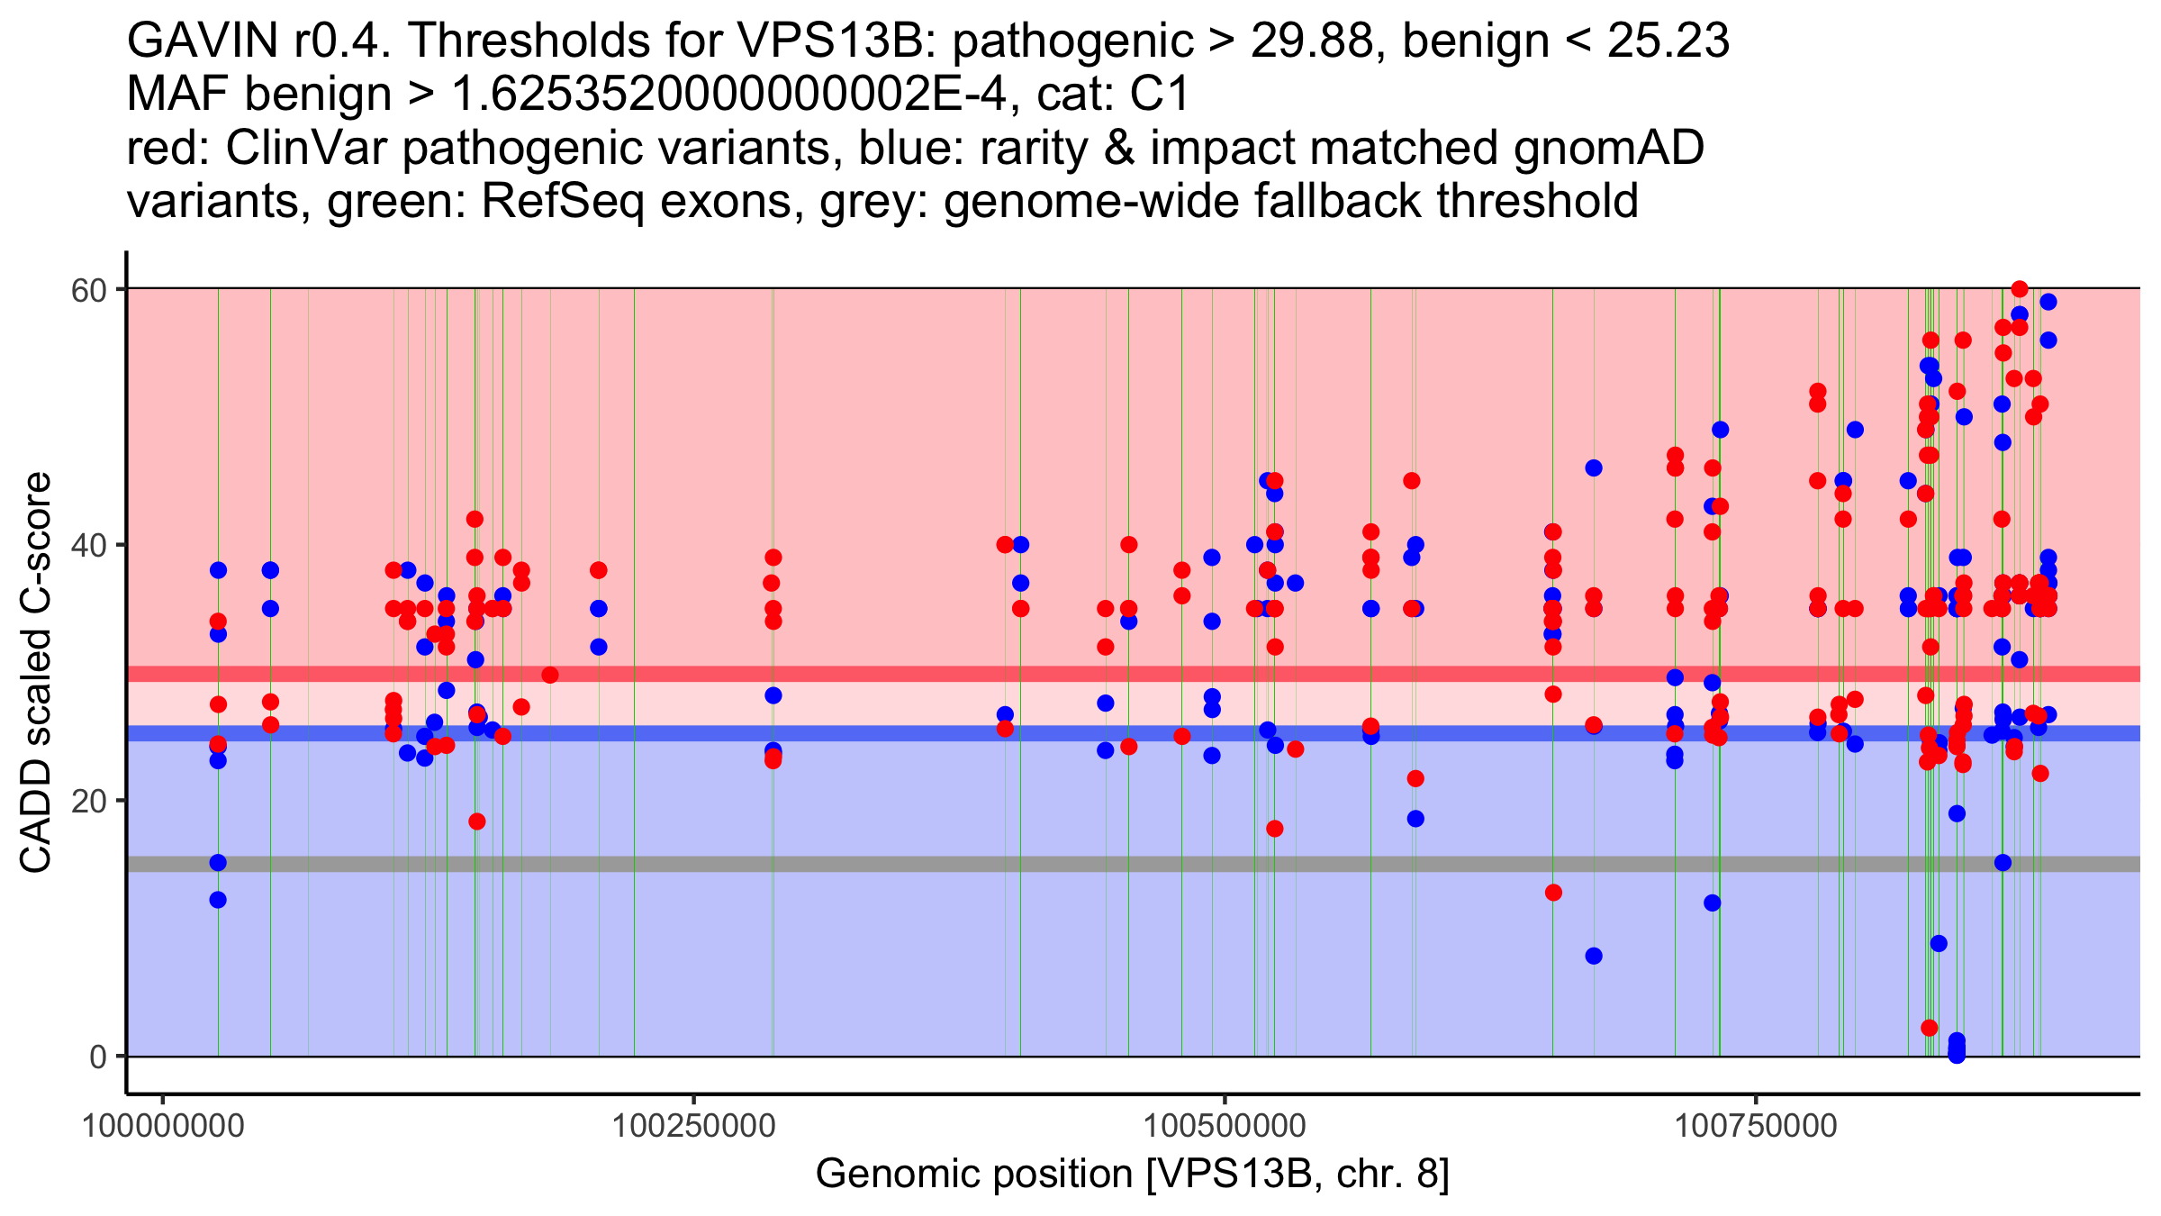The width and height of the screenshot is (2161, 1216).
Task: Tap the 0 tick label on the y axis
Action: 97,1057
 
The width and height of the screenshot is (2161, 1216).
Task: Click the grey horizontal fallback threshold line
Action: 900,865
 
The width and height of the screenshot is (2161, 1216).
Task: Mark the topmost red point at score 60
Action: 2020,289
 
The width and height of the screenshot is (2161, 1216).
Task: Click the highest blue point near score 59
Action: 2048,302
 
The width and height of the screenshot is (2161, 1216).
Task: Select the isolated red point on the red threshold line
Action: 550,675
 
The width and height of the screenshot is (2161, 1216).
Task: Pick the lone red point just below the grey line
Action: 1553,893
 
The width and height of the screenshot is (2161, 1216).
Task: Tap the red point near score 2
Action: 1930,1028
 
